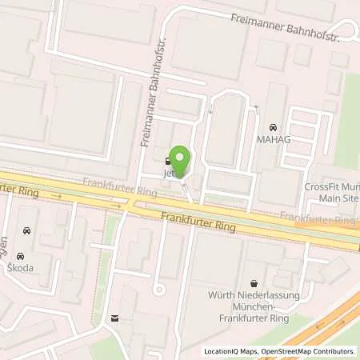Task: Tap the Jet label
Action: coord(169,173)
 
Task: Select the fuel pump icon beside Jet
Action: coord(167,158)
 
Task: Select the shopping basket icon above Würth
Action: coord(254,283)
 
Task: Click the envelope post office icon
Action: coord(115,318)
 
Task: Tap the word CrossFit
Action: coord(321,187)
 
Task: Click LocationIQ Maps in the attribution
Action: coord(231,350)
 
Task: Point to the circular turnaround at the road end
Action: coord(158,287)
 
